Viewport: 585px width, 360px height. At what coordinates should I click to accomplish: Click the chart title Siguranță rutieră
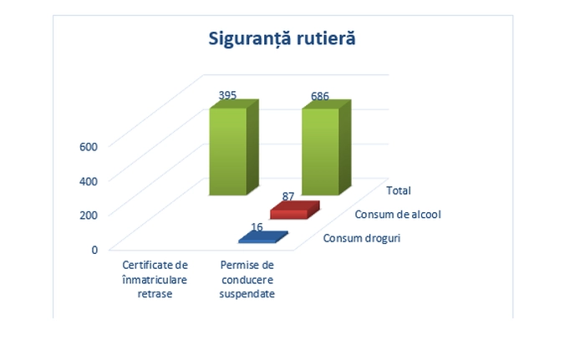(282, 38)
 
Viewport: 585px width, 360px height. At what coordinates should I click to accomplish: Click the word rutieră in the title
(326, 38)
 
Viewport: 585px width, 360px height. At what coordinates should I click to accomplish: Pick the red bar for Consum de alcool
(295, 210)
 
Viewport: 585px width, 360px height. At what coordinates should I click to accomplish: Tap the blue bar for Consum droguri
(263, 237)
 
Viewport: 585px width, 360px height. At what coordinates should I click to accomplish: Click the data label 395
(227, 95)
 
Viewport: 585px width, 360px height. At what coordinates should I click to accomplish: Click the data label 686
(320, 96)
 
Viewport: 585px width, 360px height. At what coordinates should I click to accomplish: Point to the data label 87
(288, 196)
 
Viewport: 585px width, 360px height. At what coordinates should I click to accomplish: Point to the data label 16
(257, 227)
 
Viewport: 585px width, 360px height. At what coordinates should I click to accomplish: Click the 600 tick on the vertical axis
(89, 147)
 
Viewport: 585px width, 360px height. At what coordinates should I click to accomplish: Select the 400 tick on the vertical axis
(89, 181)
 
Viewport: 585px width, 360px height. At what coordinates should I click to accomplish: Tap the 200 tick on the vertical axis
(89, 215)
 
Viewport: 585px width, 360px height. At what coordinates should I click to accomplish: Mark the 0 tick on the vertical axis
(94, 250)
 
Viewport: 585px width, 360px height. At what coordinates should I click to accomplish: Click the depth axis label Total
(399, 190)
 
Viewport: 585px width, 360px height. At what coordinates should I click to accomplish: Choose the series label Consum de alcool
(398, 215)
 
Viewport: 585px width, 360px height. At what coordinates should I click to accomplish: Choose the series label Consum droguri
(362, 238)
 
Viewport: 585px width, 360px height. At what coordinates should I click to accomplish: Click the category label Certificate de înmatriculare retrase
(155, 280)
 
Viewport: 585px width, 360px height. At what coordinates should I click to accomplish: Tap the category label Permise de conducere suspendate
(247, 280)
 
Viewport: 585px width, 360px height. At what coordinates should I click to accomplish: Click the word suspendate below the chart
(247, 294)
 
